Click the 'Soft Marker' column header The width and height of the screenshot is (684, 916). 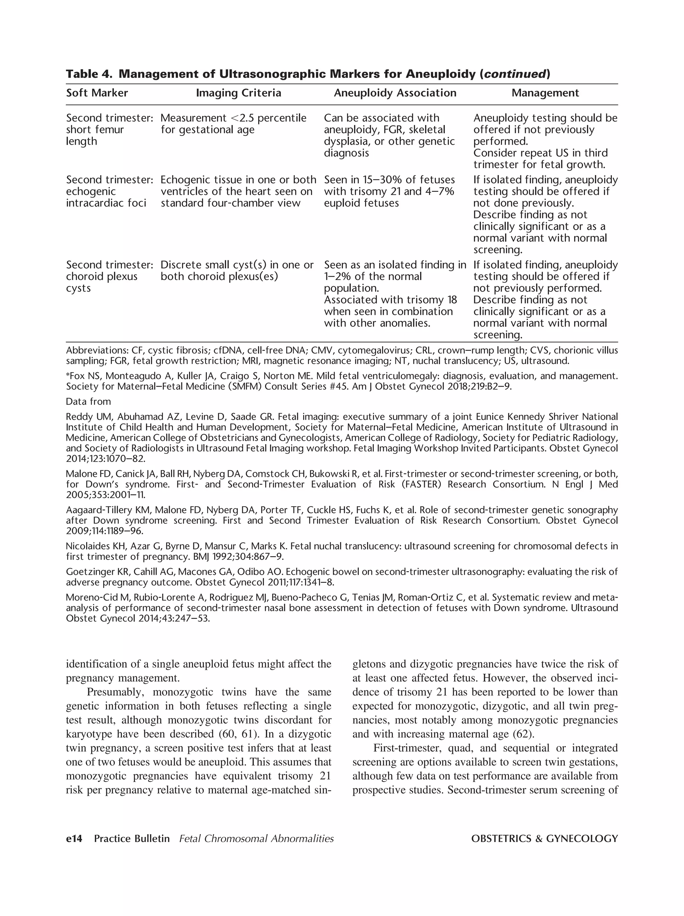click(97, 93)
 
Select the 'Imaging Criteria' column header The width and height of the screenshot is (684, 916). click(238, 93)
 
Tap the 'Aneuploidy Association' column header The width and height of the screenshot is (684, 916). click(395, 93)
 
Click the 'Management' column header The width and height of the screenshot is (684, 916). click(545, 93)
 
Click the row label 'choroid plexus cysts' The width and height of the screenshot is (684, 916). click(102, 277)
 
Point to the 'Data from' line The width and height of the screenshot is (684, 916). click(88, 401)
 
